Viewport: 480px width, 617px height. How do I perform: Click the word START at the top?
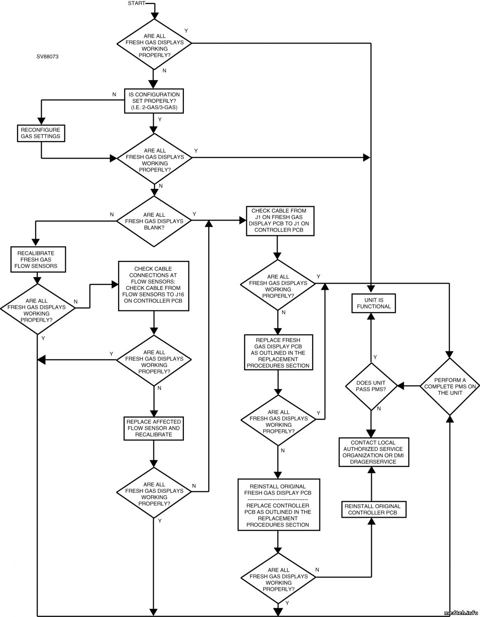tap(136, 4)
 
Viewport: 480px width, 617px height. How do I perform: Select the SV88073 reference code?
tap(47, 57)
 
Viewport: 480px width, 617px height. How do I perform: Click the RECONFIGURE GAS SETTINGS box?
tap(41, 133)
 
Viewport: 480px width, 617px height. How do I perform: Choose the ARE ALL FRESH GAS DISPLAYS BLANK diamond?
tap(154, 221)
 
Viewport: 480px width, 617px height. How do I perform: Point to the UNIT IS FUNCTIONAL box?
tap(373, 304)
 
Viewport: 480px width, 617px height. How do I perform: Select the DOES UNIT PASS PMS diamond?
tap(371, 386)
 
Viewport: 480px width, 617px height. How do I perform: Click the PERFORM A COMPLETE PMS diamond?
tap(450, 386)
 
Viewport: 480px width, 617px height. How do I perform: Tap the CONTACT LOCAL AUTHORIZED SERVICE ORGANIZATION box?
tap(373, 452)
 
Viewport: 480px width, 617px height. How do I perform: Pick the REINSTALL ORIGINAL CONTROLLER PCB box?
tap(372, 509)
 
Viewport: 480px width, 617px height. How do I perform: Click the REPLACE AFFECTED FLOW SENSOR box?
tap(153, 428)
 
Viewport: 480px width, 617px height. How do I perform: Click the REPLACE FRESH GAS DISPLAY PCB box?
tap(278, 353)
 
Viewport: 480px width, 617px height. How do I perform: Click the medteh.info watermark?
tap(460, 612)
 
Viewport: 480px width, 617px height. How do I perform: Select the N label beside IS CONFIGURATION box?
tap(114, 95)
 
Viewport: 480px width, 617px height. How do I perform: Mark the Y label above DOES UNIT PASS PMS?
tap(375, 357)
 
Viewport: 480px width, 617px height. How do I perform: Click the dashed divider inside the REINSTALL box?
tap(278, 499)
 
